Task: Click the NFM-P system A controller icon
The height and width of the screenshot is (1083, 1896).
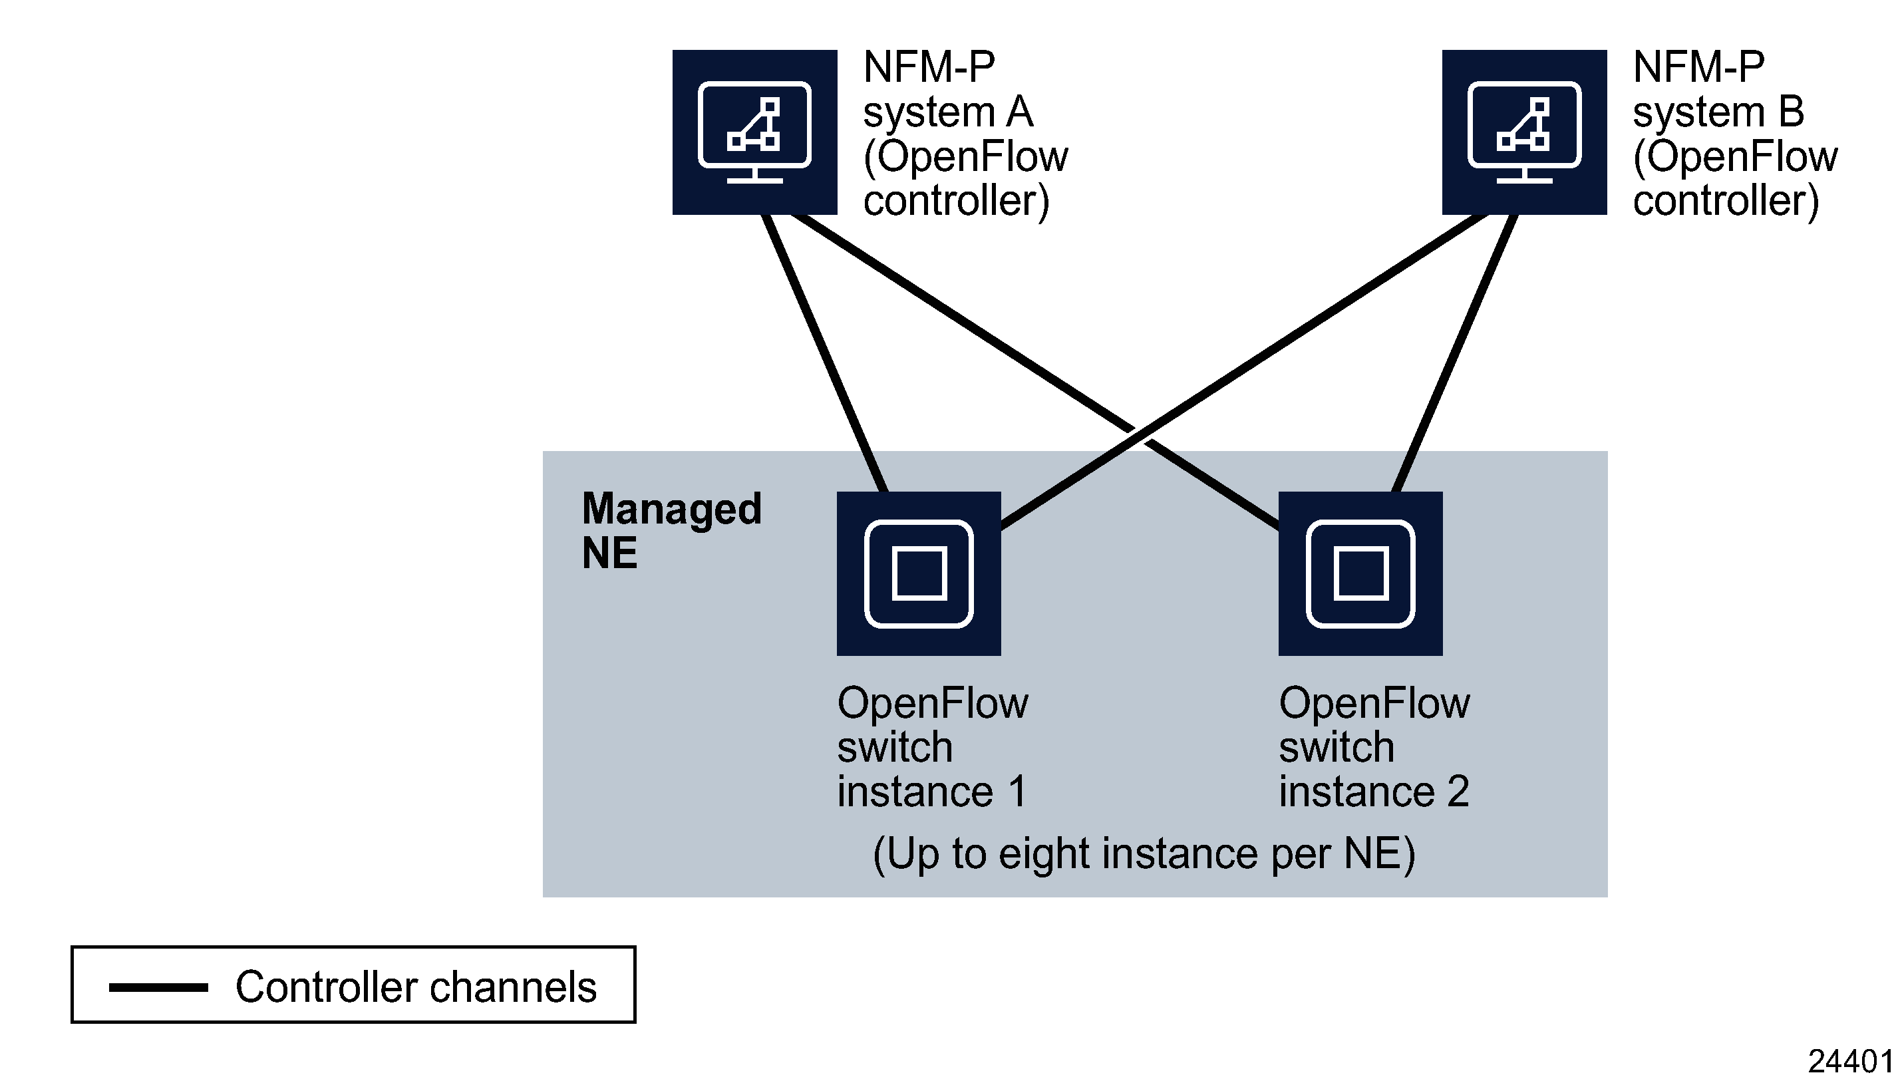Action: point(754,132)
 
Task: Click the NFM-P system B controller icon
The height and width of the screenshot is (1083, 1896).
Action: point(1523,132)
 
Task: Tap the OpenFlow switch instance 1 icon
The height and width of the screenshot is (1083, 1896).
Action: point(919,573)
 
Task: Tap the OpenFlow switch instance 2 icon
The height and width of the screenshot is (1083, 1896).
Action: point(1360,573)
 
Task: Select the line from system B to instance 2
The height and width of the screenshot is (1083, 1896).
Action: point(1454,353)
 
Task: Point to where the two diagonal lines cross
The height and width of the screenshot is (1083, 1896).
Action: point(1139,435)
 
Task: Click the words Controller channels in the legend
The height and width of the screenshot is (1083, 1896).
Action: point(416,987)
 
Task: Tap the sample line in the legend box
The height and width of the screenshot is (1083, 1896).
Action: point(158,988)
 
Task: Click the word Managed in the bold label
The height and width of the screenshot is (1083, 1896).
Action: point(671,509)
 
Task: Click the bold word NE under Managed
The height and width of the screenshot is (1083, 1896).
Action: point(609,553)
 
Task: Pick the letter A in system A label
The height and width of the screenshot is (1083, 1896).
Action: point(1019,112)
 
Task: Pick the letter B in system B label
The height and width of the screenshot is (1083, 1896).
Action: point(1791,112)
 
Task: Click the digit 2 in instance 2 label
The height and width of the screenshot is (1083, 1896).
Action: point(1458,792)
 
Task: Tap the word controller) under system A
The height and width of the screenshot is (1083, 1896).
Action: point(956,201)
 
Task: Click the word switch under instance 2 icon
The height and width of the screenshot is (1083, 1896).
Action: point(1336,748)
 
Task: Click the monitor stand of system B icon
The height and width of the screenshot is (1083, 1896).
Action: point(1523,177)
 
